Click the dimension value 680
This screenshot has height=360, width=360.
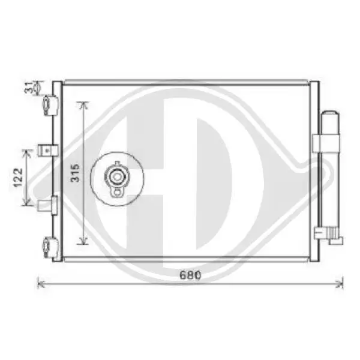190,275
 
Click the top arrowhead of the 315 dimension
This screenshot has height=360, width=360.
83,104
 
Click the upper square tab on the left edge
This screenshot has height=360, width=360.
47,150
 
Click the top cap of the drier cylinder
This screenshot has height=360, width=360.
330,114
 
